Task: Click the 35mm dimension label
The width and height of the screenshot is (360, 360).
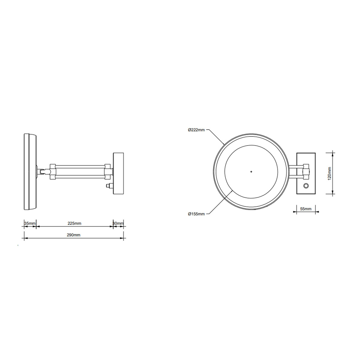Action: (x=30, y=223)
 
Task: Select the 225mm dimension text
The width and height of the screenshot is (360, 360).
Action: (x=74, y=223)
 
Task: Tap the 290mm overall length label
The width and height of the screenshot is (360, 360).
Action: (x=73, y=235)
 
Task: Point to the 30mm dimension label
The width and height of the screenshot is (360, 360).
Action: (x=118, y=223)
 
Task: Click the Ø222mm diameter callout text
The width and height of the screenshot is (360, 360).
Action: (x=196, y=130)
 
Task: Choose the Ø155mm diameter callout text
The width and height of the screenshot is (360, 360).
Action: (x=196, y=214)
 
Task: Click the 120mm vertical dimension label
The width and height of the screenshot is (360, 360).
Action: (x=329, y=173)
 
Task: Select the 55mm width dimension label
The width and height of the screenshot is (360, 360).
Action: (x=306, y=209)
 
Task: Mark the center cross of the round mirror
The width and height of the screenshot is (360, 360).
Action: (x=251, y=172)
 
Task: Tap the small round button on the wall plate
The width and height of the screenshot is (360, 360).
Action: (x=306, y=186)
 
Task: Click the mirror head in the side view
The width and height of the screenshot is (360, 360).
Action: (x=30, y=172)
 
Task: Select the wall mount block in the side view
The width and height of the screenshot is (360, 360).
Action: (x=118, y=173)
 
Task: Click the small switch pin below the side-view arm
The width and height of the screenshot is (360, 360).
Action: (x=108, y=186)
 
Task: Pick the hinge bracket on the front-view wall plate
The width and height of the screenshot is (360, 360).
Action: (x=306, y=170)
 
